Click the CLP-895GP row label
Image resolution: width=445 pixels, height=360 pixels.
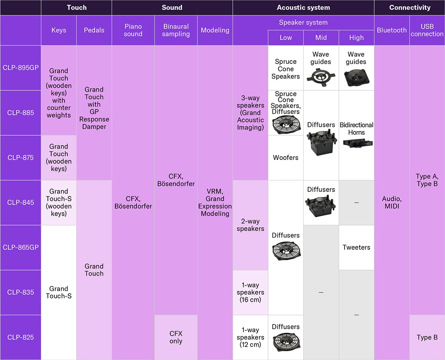click(x=21, y=68)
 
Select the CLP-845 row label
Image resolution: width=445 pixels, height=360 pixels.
click(x=21, y=203)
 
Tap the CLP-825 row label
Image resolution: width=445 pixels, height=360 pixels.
click(x=21, y=337)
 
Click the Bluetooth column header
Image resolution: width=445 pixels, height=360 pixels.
click(x=392, y=30)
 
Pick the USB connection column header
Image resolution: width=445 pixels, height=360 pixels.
click(x=427, y=30)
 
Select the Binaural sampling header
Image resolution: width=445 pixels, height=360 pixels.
click(x=176, y=30)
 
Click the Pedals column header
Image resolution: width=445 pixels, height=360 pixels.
click(x=94, y=30)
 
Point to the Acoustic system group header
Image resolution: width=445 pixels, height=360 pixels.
click(x=303, y=7)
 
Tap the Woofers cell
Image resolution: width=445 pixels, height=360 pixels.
click(x=286, y=158)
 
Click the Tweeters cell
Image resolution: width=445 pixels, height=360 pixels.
click(x=356, y=248)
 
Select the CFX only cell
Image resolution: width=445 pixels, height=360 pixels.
click(x=176, y=337)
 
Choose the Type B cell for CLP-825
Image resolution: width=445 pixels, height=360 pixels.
click(x=427, y=337)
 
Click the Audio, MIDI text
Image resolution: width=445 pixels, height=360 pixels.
click(x=392, y=203)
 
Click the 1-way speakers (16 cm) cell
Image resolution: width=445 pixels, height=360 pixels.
click(x=250, y=292)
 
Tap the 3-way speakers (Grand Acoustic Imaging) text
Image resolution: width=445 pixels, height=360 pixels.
click(x=250, y=113)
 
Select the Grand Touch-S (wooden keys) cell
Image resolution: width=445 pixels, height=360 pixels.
click(x=59, y=203)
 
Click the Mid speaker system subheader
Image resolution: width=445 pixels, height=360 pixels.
click(x=321, y=38)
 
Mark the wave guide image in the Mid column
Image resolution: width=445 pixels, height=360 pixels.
click(x=321, y=76)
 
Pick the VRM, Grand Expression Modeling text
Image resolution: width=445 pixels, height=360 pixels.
click(x=215, y=203)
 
